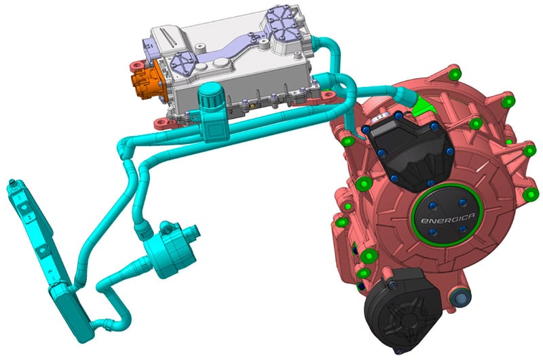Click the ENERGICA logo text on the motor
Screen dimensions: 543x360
coord(447,219)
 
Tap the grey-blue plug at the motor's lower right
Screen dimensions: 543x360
coord(460,298)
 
